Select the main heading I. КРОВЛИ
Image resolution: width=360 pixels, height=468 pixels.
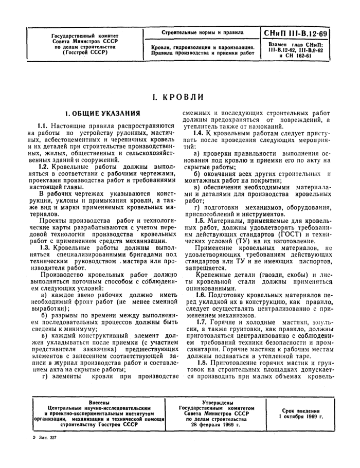(x=179, y=96)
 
